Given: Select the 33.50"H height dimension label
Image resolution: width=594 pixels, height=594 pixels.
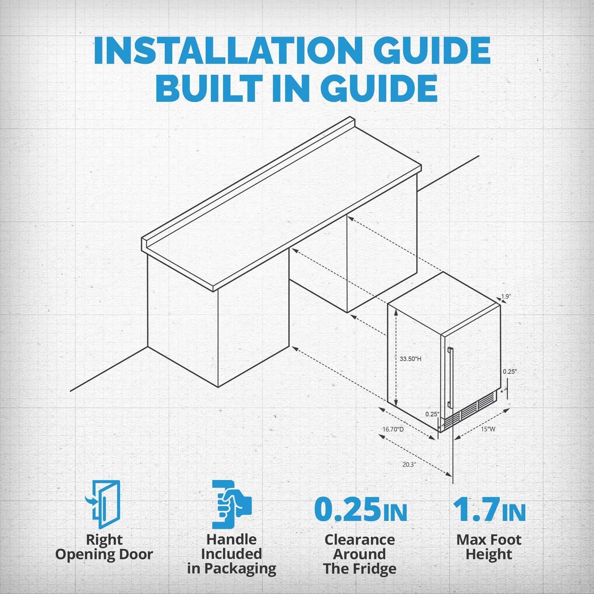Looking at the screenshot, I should [410, 359].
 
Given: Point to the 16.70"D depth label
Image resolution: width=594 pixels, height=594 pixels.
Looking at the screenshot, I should [393, 429].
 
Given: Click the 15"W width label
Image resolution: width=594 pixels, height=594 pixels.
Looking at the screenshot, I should [488, 429].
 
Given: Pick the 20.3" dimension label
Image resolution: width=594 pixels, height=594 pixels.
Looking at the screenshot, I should [409, 465].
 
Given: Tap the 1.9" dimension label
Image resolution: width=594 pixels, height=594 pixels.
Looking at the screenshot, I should [505, 296].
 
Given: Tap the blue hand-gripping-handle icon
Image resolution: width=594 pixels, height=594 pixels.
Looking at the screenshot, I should [231, 504].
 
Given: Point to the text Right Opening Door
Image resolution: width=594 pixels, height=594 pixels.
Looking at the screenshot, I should [104, 547].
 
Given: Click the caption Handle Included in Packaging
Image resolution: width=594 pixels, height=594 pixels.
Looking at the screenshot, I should [232, 554].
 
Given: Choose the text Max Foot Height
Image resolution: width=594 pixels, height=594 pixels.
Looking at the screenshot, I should [489, 547].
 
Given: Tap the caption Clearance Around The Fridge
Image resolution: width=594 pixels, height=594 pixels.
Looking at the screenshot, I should [360, 554].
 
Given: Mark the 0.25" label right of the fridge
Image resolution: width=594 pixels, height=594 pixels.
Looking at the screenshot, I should [510, 371].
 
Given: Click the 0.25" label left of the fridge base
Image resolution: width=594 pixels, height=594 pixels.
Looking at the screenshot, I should [432, 414].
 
